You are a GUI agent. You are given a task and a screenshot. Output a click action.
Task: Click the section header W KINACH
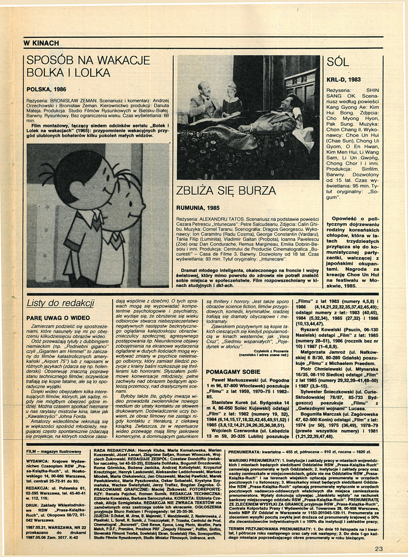click(x=42, y=43)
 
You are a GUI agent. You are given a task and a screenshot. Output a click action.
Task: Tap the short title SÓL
click(x=338, y=62)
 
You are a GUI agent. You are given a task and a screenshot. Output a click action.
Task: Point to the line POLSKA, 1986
click(x=46, y=89)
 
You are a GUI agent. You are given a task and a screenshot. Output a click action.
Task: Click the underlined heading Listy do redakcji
click(x=60, y=303)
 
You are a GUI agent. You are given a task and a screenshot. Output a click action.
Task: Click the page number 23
click(x=378, y=548)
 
